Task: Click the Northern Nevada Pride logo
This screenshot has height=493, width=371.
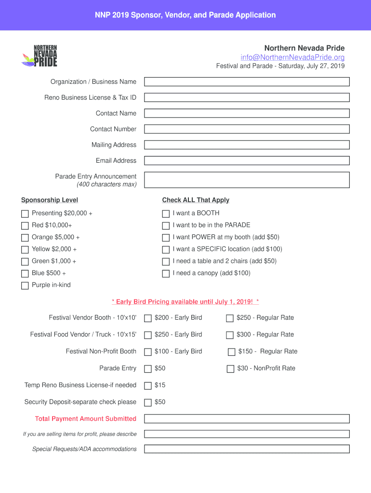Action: (40, 56)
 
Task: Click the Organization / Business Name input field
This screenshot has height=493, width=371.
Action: (247, 82)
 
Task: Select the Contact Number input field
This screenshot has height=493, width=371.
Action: (247, 129)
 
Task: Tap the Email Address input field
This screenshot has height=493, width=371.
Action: (247, 161)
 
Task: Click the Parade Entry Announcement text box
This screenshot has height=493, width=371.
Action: (247, 180)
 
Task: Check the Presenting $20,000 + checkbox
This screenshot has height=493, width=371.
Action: (25, 214)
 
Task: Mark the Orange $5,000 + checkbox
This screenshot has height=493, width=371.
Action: (25, 238)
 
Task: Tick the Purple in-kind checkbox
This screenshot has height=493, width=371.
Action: (25, 285)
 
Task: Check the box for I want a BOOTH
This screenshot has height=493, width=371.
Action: (166, 214)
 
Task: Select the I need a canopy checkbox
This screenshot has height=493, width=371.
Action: (166, 274)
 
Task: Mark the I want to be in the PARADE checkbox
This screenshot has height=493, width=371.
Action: (166, 226)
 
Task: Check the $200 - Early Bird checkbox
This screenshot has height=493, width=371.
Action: (148, 318)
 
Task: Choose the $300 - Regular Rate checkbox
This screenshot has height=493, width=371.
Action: (230, 335)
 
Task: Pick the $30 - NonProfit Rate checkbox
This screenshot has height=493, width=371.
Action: (230, 369)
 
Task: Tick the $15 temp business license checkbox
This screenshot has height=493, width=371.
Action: (148, 386)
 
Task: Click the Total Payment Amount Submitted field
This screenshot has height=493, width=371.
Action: (247, 419)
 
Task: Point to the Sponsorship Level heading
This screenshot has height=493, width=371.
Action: (50, 200)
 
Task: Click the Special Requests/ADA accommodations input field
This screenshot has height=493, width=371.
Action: (247, 449)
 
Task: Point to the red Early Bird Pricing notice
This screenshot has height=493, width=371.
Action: (185, 302)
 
